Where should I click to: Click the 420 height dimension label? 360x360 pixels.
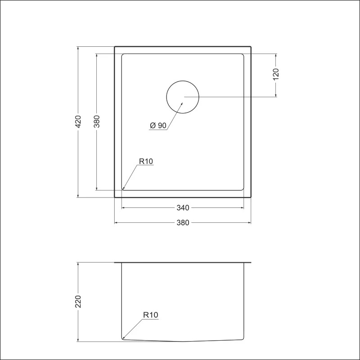78,121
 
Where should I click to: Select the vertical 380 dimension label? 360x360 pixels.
97,121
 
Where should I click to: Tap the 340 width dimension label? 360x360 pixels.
183,208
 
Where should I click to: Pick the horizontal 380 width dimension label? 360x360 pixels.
183,223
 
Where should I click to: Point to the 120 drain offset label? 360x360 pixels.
276,74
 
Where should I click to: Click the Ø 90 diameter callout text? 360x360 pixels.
158,126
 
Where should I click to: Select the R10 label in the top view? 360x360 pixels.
146,162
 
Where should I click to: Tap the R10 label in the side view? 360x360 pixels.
151,315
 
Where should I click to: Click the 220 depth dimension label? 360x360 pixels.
78,301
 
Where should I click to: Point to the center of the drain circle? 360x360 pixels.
183,97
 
